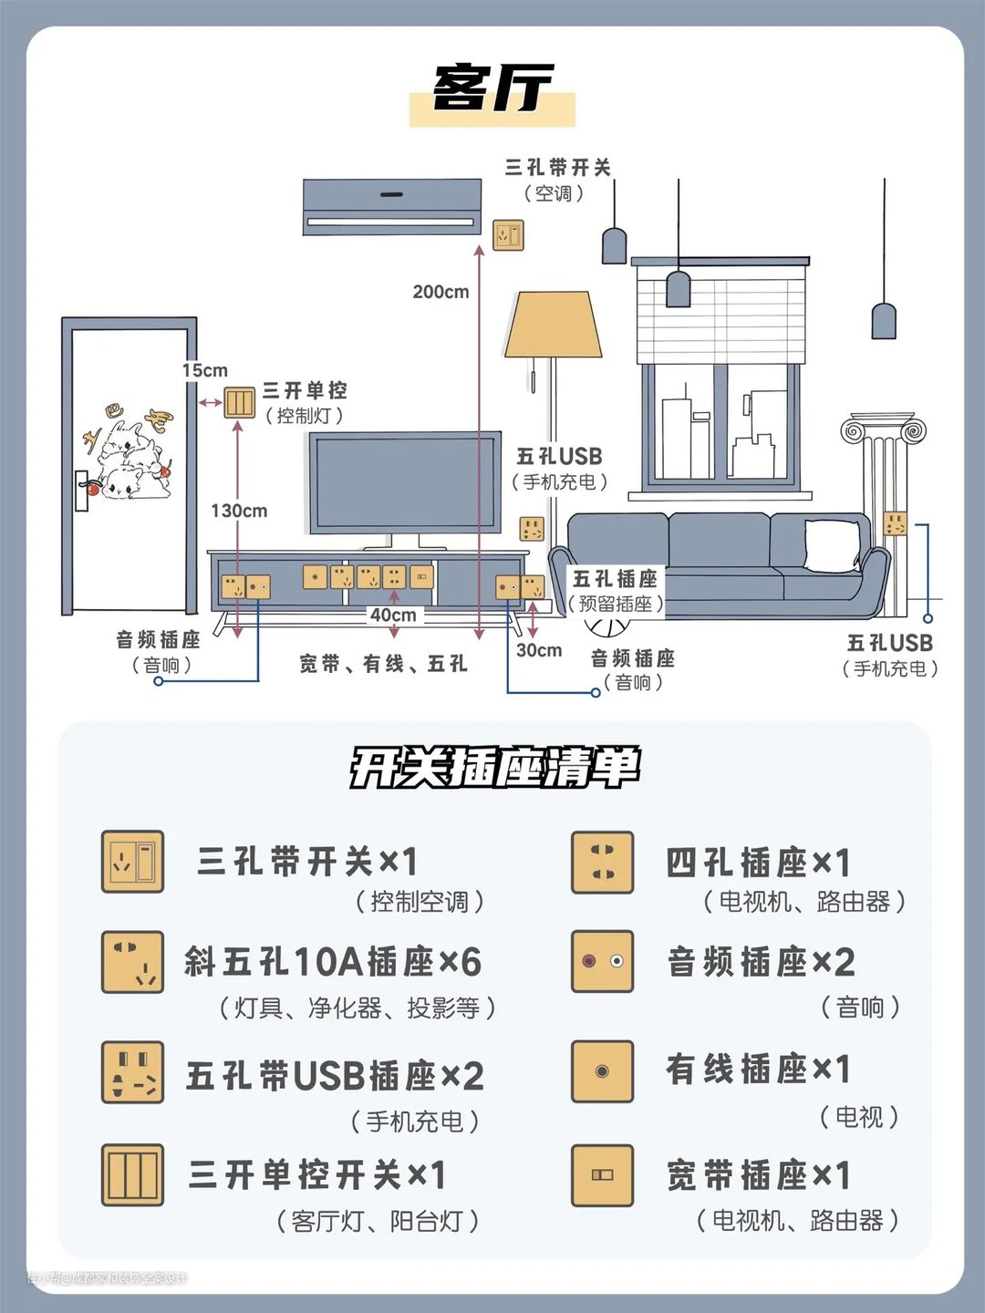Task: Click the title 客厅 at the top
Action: (493, 89)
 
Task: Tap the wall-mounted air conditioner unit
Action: (391, 207)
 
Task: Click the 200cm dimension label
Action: (441, 292)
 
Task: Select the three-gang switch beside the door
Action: (240, 402)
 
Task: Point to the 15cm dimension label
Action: (205, 370)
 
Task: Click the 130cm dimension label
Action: (239, 511)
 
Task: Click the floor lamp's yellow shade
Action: (554, 326)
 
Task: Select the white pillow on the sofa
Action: (831, 544)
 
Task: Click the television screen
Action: (404, 482)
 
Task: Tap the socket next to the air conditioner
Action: (509, 234)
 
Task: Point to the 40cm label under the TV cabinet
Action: (393, 615)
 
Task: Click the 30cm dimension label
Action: (539, 650)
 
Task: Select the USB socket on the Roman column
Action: (896, 524)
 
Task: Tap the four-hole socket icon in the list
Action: (602, 862)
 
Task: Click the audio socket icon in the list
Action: (602, 961)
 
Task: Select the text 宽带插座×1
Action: (759, 1175)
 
